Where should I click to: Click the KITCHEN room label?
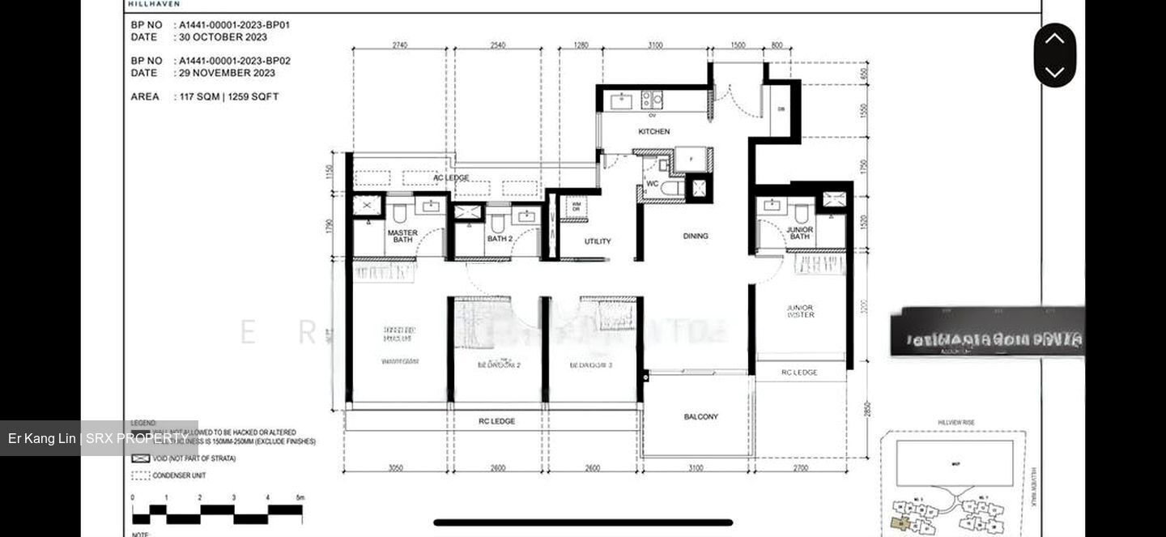(653, 131)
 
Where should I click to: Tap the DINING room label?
(695, 237)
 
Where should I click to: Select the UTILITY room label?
(598, 241)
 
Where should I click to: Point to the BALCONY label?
(700, 417)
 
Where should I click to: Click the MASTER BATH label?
(402, 237)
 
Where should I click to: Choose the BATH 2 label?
(500, 239)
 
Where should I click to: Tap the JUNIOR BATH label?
(799, 233)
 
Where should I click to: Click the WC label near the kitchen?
(652, 184)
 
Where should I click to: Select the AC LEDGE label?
(451, 178)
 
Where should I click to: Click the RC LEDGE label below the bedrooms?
(496, 421)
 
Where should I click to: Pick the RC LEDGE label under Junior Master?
(799, 373)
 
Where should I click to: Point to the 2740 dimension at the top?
(400, 45)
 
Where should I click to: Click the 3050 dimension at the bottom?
(396, 468)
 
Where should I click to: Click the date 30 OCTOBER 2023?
(223, 37)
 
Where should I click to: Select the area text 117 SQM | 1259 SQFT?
(228, 96)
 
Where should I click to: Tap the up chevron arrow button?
(1054, 38)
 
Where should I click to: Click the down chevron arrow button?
(1054, 72)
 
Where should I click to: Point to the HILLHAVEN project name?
(154, 4)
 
